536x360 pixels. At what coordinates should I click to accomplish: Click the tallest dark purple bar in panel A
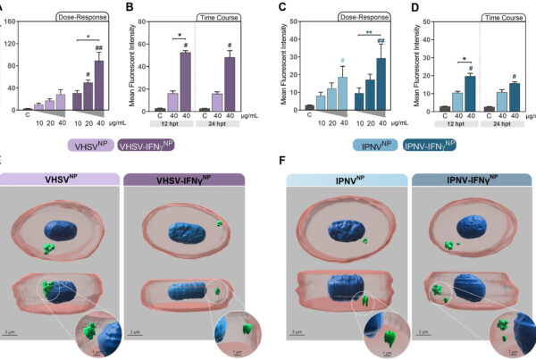point(100,85)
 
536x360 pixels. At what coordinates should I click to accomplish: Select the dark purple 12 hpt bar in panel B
point(186,80)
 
